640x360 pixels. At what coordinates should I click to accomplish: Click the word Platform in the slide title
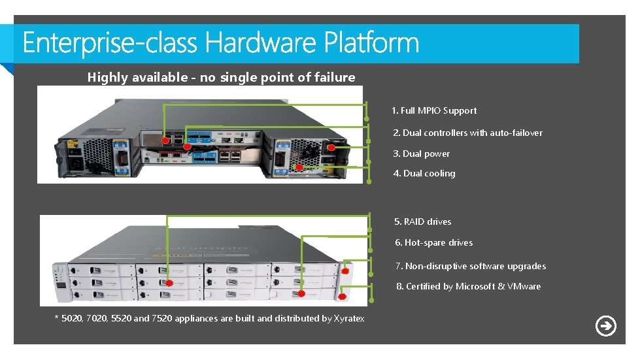point(371,44)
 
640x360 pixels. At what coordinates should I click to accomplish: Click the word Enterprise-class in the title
point(109,44)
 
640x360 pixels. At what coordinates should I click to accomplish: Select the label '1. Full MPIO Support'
point(434,111)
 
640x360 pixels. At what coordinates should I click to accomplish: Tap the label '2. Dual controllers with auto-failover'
point(467,133)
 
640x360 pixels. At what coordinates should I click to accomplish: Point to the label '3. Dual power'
point(421,154)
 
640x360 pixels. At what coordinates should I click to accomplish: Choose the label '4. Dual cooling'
point(424,174)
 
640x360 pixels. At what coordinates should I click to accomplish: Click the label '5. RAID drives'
point(422,222)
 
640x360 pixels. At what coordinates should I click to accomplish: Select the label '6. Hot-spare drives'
point(433,243)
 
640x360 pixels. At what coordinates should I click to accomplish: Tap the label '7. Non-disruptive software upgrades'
point(470,267)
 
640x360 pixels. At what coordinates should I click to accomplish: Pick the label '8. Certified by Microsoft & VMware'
point(468,287)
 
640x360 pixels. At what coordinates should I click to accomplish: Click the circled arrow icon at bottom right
point(606,325)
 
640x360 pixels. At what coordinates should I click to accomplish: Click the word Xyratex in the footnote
point(348,319)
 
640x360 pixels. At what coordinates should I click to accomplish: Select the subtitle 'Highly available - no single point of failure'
point(221,78)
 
